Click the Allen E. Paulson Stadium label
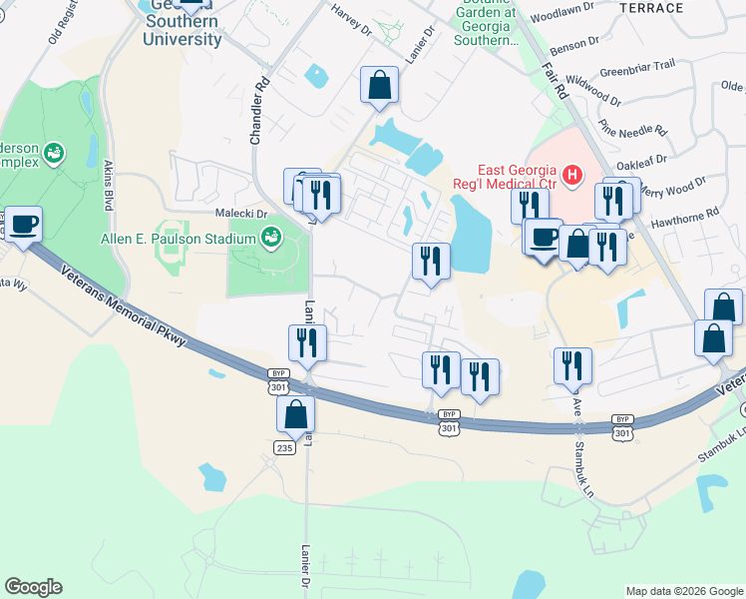tap(179, 239)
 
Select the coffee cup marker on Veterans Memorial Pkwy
tap(22, 225)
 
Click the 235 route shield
tap(284, 448)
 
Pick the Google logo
tap(33, 587)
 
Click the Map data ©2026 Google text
tap(683, 591)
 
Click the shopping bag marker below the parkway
tap(295, 413)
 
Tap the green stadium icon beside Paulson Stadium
tap(270, 238)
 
